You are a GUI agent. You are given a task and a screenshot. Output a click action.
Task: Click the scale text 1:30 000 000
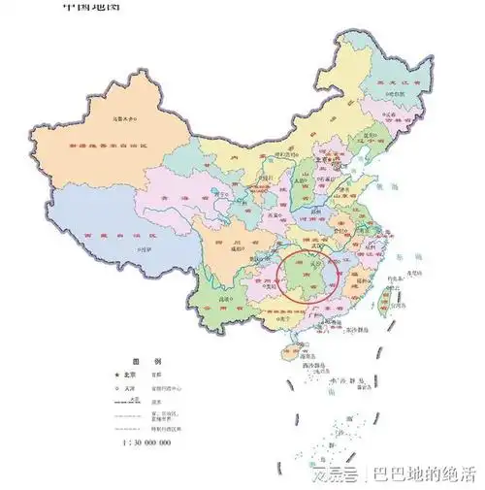pos(147,442)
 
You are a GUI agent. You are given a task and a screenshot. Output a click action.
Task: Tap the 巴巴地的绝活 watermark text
pos(427,474)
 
